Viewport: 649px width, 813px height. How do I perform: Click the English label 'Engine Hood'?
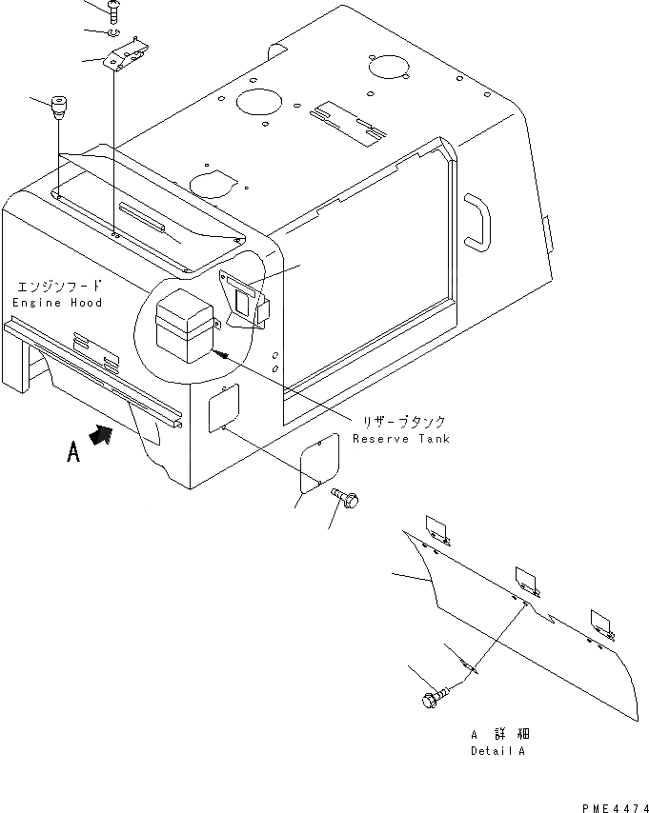tap(56, 302)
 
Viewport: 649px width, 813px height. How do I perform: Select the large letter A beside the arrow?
tap(73, 454)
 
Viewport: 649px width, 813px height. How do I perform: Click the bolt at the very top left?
tap(114, 10)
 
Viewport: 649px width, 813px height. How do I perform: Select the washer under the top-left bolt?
tap(115, 35)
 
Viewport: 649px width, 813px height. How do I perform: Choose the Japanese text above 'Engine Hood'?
tap(56, 287)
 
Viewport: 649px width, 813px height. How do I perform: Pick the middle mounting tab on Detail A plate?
tap(525, 580)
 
